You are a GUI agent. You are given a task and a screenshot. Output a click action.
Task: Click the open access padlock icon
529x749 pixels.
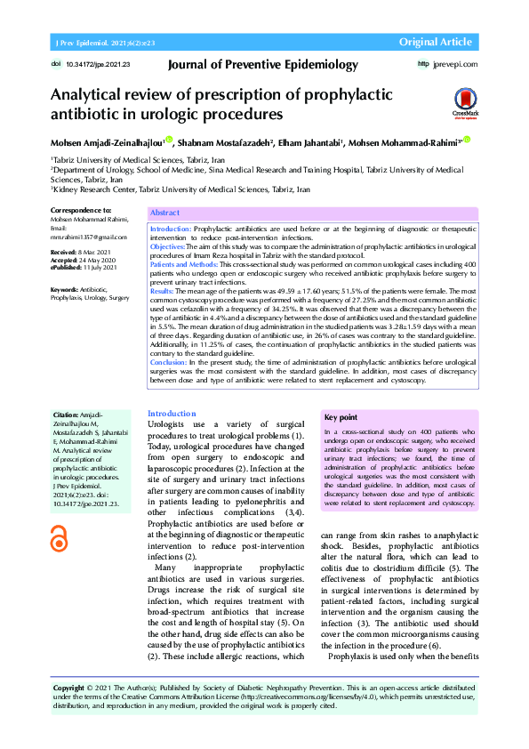(60, 537)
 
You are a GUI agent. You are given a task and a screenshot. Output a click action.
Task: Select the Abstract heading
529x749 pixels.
(165, 213)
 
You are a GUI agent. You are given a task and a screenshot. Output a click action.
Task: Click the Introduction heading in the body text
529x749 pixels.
(172, 414)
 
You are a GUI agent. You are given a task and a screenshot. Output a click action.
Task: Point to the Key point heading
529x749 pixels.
(341, 417)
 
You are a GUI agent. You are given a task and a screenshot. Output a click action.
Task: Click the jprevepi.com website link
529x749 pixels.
(454, 64)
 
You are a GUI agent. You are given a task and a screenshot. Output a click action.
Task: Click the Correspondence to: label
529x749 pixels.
(82, 210)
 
